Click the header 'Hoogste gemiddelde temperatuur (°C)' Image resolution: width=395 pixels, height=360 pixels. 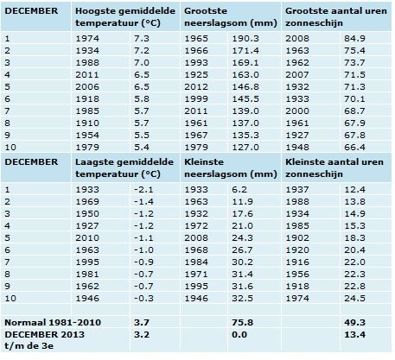pyautogui.click(x=125, y=17)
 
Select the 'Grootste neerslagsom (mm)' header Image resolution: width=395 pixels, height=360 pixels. pyautogui.click(x=231, y=17)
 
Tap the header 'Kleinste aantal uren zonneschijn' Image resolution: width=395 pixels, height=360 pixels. pyautogui.click(x=334, y=168)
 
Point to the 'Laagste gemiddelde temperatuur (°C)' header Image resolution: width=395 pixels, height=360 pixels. pyautogui.click(x=124, y=168)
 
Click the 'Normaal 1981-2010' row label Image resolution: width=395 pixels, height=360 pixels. pyautogui.click(x=53, y=322)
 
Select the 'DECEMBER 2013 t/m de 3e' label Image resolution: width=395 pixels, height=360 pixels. pyautogui.click(x=45, y=340)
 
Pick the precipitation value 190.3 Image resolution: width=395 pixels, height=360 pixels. pyautogui.click(x=245, y=38)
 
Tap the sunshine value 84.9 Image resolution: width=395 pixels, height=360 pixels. pyautogui.click(x=354, y=38)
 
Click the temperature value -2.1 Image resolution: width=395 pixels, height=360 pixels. pyautogui.click(x=143, y=189)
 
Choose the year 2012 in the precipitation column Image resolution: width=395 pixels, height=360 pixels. pyautogui.click(x=196, y=86)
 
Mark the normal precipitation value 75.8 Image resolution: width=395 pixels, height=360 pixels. pyautogui.click(x=243, y=322)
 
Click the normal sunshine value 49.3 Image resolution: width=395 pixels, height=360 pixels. pyautogui.click(x=354, y=322)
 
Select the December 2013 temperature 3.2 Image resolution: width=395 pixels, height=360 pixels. pyautogui.click(x=142, y=334)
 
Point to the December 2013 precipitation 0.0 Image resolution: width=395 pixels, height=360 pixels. pyautogui.click(x=239, y=334)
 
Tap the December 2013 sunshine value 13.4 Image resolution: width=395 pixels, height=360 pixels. pyautogui.click(x=354, y=334)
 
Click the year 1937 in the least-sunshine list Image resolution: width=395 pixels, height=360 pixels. pyautogui.click(x=297, y=189)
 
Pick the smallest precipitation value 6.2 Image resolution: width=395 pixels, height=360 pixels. pyautogui.click(x=239, y=189)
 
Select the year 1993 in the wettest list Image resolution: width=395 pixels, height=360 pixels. pyautogui.click(x=196, y=62)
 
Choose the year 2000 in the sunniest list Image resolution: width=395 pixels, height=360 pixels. pyautogui.click(x=297, y=111)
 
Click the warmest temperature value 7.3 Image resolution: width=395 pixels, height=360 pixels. pyautogui.click(x=142, y=38)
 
